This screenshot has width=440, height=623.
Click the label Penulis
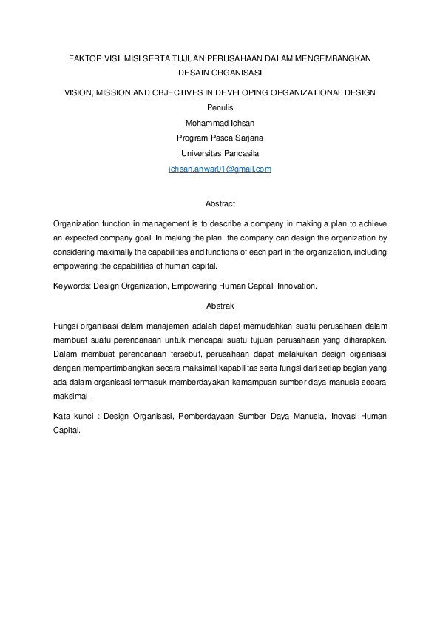click(220, 108)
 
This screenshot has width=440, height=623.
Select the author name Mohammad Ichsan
click(220, 123)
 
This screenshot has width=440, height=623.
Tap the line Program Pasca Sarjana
click(220, 138)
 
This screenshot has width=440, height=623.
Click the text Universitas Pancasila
click(220, 153)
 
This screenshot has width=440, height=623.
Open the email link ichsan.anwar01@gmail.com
click(220, 169)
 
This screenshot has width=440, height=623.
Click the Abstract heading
click(220, 203)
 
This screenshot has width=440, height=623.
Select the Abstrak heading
click(220, 305)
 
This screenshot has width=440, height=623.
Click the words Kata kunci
click(74, 417)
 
